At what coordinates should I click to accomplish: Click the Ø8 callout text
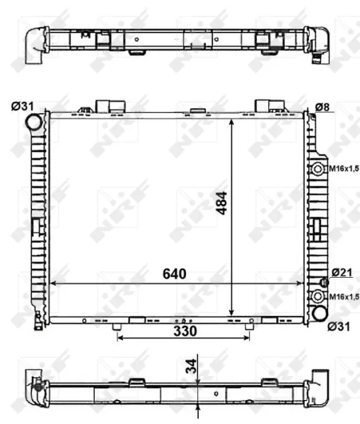tap(323, 107)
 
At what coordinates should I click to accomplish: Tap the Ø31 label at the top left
tap(21, 107)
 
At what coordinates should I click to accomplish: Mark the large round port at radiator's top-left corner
tap(34, 122)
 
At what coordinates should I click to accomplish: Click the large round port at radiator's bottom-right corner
tap(320, 312)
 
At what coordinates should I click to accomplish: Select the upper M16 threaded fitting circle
tap(319, 169)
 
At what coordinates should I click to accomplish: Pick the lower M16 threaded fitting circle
tap(319, 297)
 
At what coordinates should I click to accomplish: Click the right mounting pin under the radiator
tap(248, 326)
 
